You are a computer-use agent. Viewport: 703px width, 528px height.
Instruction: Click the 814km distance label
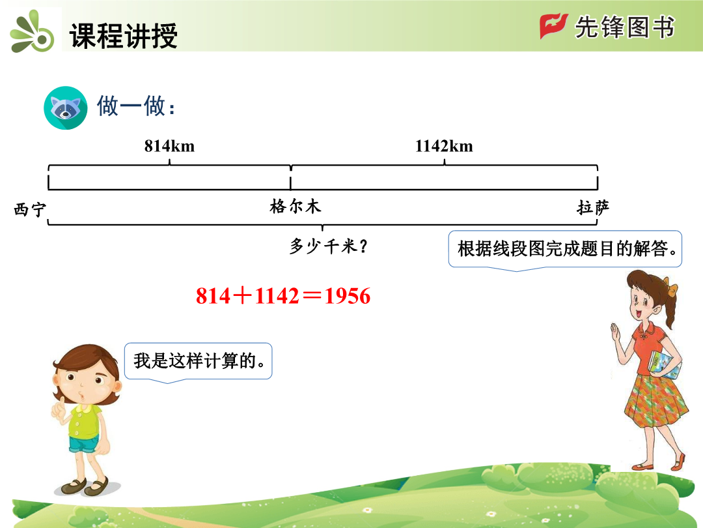point(169,146)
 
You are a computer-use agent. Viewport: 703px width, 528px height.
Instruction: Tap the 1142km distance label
point(444,146)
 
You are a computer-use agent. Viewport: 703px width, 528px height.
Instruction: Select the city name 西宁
point(29,209)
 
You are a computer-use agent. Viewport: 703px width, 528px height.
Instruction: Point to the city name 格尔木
point(296,206)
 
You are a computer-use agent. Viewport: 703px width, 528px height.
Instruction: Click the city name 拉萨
point(593,207)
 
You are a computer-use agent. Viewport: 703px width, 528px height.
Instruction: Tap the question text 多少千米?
point(328,246)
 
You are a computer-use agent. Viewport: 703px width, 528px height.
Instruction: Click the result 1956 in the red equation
point(348,296)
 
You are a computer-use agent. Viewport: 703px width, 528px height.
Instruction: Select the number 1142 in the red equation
point(277,296)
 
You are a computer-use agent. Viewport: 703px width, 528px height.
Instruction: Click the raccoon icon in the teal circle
point(66,108)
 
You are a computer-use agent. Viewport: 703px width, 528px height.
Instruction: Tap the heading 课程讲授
point(123,35)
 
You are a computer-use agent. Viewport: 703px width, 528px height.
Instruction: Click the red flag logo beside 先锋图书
point(553,26)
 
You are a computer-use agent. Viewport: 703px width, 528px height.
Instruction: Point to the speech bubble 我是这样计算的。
point(198,362)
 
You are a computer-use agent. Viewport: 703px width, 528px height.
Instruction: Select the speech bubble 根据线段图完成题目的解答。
point(565,250)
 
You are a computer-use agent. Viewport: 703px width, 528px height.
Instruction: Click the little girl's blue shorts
point(84,444)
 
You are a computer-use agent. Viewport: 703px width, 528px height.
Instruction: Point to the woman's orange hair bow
point(671,288)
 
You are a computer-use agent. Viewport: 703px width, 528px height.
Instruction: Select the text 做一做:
point(136,106)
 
